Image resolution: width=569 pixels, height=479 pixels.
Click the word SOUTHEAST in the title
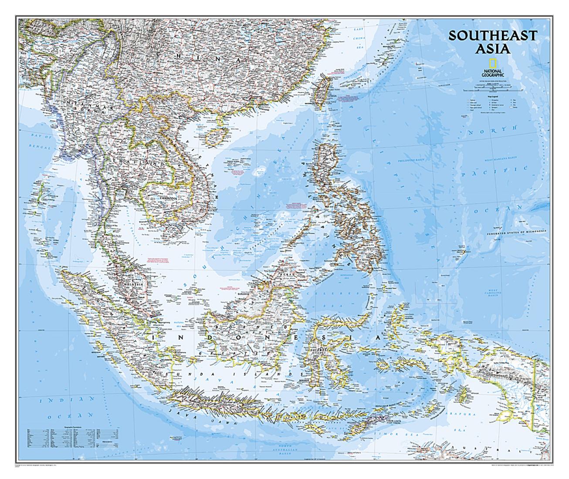[x=493, y=35]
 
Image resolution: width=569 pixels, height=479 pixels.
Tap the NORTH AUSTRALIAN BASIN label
[x=297, y=455]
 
